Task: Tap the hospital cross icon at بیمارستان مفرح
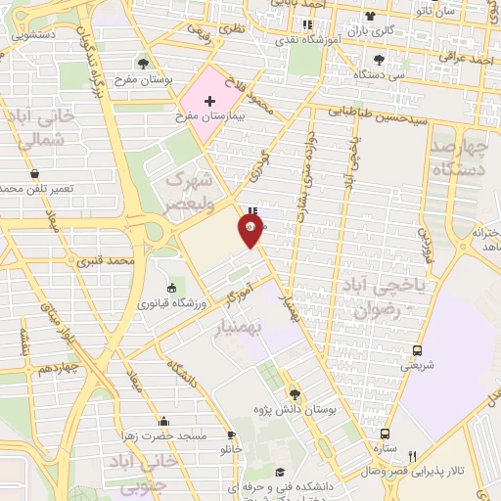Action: click(x=209, y=101)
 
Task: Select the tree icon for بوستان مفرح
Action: click(x=144, y=64)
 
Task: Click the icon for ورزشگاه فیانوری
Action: click(x=172, y=288)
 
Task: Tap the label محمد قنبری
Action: click(x=134, y=262)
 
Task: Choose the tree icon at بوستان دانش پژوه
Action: click(x=296, y=394)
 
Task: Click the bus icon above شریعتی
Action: click(x=418, y=349)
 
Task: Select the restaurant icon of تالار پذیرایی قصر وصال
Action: click(x=412, y=455)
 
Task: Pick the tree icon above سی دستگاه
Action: click(x=379, y=59)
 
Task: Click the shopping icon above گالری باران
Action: click(x=370, y=16)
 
